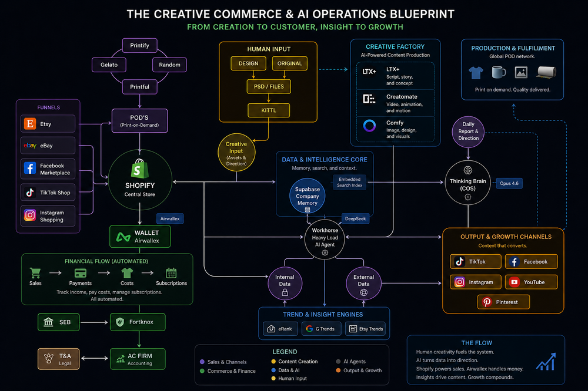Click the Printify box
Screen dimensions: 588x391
click(139, 45)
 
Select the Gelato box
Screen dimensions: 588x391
click(109, 65)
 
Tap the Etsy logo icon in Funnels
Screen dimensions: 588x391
click(30, 124)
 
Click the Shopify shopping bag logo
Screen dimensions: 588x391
click(139, 168)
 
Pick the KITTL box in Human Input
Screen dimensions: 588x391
click(269, 110)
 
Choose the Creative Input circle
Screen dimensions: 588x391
click(236, 153)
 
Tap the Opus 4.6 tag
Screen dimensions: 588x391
click(509, 184)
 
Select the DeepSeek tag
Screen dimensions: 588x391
click(355, 219)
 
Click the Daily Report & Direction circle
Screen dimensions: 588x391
click(468, 132)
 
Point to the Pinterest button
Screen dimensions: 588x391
click(503, 302)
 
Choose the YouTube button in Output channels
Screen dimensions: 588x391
click(531, 282)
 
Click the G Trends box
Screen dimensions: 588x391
click(322, 329)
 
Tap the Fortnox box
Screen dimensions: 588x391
click(138, 322)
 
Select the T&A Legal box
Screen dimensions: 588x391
click(58, 359)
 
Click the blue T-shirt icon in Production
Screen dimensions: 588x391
click(476, 73)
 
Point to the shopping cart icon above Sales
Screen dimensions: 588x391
click(35, 272)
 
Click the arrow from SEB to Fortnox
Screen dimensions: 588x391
click(94, 322)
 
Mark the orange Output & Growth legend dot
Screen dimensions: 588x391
click(338, 370)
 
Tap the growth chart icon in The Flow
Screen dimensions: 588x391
click(546, 362)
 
